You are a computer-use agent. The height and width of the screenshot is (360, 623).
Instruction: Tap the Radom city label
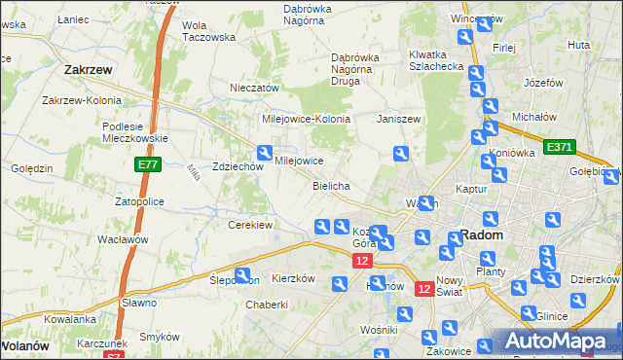point(481,235)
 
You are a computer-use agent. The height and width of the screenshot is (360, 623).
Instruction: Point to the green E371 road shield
point(560,147)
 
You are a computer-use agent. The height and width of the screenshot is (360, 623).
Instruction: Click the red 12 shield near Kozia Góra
point(362,262)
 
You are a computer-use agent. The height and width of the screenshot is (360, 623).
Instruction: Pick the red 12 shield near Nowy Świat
point(424,289)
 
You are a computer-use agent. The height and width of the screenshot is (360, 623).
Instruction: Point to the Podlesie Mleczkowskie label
point(136,131)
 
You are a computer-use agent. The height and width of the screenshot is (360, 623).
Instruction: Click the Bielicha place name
point(331,185)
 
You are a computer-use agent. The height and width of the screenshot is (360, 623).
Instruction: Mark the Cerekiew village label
point(249,225)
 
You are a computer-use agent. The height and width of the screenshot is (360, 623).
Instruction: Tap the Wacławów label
point(122,238)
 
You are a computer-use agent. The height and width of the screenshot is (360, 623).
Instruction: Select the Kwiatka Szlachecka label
point(435,60)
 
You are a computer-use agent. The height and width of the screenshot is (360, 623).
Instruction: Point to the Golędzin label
point(32,168)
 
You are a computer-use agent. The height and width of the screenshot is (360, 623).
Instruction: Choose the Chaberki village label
point(267,305)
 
